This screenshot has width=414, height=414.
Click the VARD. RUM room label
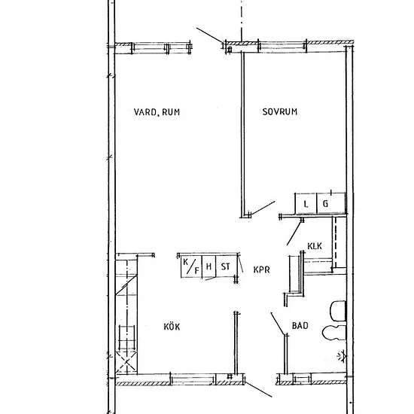(157, 112)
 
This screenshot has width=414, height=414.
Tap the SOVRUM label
(279, 111)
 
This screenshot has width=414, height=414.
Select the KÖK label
(172, 327)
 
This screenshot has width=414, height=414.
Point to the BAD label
(300, 325)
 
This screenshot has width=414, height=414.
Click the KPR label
(262, 269)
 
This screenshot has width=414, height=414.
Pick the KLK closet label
(315, 246)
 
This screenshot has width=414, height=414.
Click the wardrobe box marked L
(306, 203)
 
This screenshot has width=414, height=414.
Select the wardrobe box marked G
(331, 203)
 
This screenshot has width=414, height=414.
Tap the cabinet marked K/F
(191, 266)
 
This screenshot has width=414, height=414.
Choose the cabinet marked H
(209, 266)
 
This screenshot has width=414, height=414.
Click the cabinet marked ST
(226, 266)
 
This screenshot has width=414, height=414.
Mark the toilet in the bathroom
(338, 311)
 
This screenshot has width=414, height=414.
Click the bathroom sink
(334, 333)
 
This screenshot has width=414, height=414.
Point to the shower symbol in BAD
(342, 356)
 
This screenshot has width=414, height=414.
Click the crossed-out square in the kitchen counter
(126, 363)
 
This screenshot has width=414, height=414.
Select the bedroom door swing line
(263, 208)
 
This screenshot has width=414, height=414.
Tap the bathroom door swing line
(279, 324)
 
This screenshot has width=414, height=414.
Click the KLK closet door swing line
(294, 233)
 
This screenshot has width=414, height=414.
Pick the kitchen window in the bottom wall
(193, 379)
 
